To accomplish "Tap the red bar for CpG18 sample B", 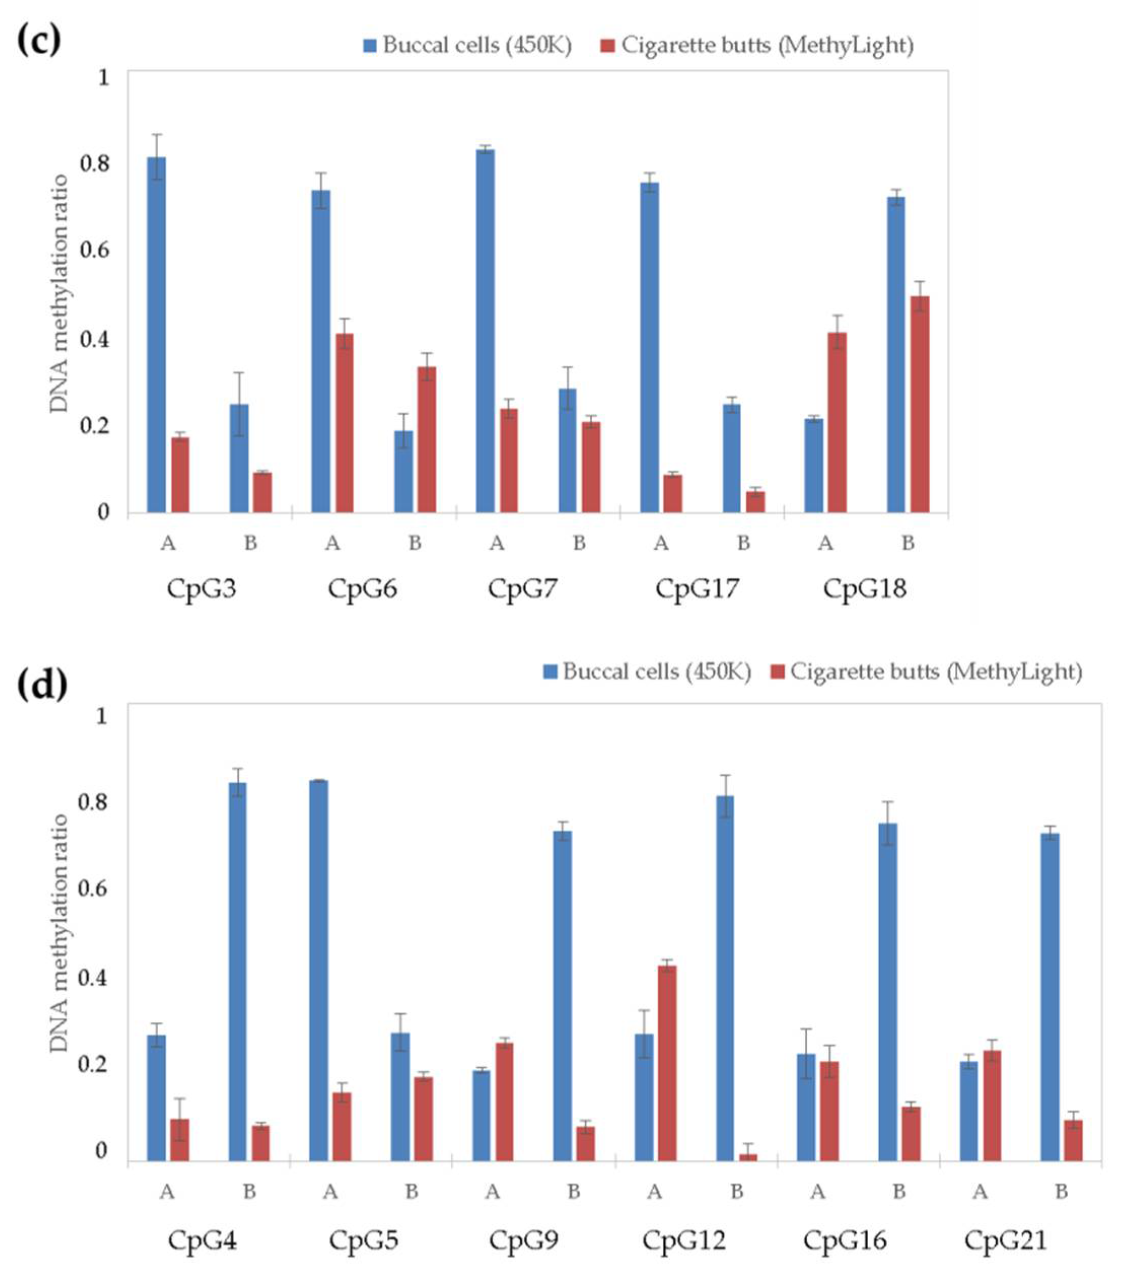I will pyautogui.click(x=920, y=404).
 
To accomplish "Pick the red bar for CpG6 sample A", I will pyautogui.click(x=344, y=422).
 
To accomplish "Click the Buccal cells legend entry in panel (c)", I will pyautogui.click(x=467, y=45).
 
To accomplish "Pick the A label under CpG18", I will pyautogui.click(x=825, y=543).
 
